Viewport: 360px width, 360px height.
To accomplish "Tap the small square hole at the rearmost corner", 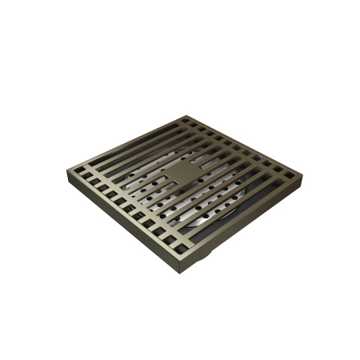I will [x=186, y=122].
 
